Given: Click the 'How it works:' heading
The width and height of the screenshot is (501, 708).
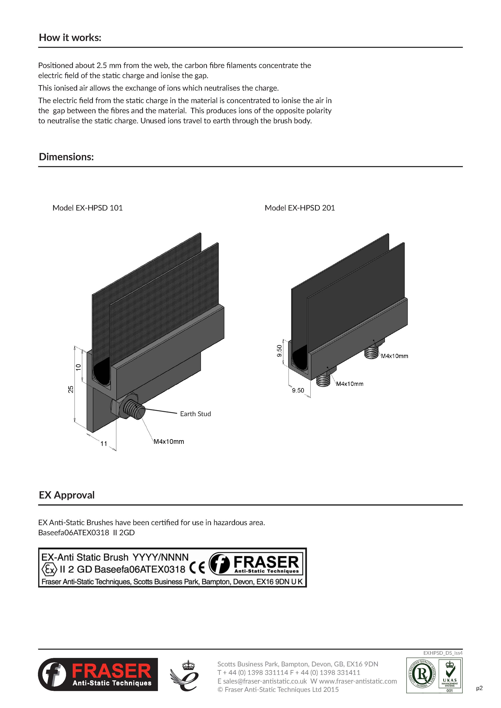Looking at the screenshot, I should point(70,38).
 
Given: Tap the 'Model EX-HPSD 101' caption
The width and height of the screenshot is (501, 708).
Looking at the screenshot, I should point(88,208).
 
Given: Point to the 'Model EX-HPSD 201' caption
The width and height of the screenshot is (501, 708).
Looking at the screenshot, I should point(299,208).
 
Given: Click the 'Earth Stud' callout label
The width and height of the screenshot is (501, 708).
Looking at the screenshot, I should point(195,414).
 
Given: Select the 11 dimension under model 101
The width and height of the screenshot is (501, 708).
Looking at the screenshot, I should point(104,443).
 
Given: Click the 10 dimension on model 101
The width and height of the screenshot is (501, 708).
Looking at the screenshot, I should point(78,367).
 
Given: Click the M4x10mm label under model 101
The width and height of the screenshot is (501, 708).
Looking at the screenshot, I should point(169,442).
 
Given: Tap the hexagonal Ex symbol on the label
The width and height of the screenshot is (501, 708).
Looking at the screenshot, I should point(49,569).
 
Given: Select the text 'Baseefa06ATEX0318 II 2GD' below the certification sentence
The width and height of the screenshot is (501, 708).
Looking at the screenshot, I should point(86,533).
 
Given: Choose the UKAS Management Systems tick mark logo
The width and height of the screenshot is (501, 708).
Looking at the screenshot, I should point(450,675).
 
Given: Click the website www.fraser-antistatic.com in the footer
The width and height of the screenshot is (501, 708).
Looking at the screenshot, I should point(358,681).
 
